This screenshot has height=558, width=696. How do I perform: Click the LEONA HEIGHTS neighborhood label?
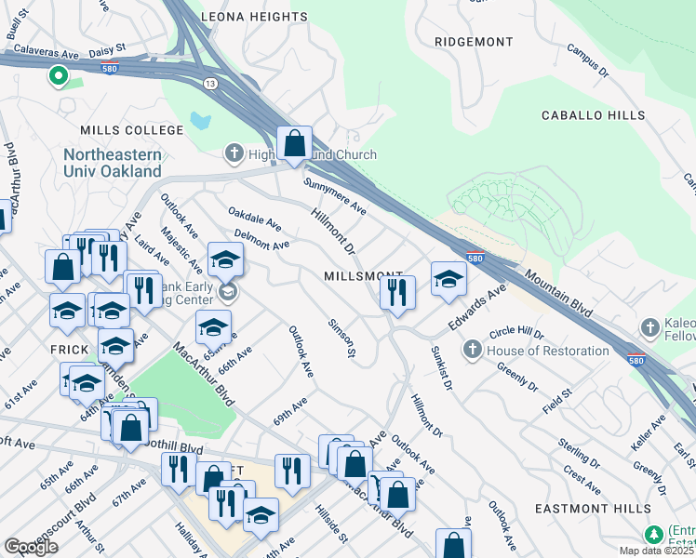(x=254, y=17)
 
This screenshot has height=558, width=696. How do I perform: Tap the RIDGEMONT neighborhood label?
(x=474, y=42)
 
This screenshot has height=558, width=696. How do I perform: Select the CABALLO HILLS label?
(x=594, y=115)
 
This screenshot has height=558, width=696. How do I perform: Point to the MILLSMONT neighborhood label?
(x=363, y=277)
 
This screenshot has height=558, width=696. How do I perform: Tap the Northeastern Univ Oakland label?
(x=113, y=163)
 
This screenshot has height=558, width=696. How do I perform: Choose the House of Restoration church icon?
(x=472, y=351)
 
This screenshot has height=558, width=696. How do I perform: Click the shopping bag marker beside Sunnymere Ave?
(x=294, y=144)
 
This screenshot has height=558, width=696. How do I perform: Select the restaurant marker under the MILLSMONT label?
(x=397, y=293)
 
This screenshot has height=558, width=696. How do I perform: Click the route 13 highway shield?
(x=212, y=84)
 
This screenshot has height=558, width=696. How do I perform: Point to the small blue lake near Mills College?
(x=200, y=120)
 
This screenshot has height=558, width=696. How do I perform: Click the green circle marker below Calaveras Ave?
(x=59, y=76)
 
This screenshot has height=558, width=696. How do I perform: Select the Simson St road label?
(x=341, y=338)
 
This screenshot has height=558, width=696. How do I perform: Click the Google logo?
(x=31, y=547)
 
